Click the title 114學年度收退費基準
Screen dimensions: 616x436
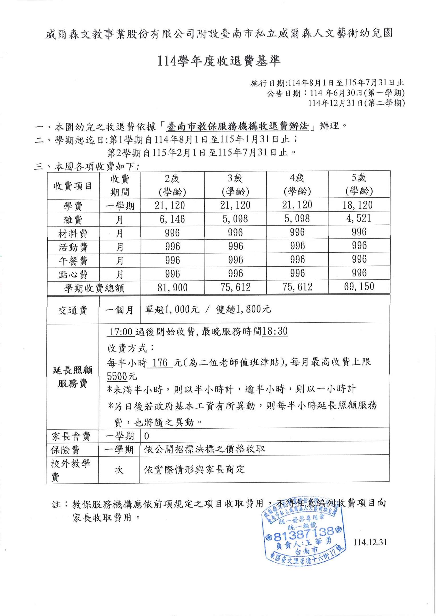click(x=219, y=61)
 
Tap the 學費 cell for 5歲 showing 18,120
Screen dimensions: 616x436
click(x=359, y=205)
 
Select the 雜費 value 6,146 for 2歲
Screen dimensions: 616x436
click(x=172, y=219)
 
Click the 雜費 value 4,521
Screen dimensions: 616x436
click(x=359, y=218)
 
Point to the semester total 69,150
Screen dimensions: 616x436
click(x=359, y=287)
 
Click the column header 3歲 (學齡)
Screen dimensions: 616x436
click(x=235, y=185)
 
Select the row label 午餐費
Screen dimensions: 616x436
click(x=73, y=261)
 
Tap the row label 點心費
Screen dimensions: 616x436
click(x=73, y=274)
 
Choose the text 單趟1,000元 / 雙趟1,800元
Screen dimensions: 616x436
click(x=208, y=309)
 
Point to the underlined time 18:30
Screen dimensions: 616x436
click(x=275, y=331)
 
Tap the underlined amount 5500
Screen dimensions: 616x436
click(x=117, y=376)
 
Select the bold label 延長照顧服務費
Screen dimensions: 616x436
click(x=73, y=377)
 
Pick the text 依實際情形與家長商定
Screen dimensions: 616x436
click(x=194, y=469)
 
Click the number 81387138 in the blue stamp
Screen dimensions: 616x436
click(x=303, y=536)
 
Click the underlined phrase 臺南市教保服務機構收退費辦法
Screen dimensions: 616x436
click(x=238, y=126)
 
